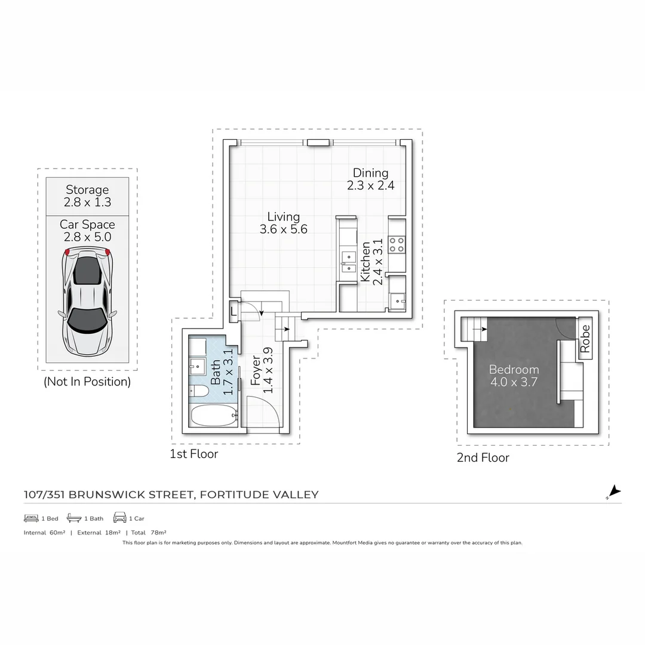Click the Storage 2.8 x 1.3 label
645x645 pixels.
87,196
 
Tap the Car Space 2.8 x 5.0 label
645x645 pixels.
87,231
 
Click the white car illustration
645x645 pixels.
87,302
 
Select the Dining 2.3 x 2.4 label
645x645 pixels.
370,179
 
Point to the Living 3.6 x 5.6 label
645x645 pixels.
284,223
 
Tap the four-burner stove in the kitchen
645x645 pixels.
397,245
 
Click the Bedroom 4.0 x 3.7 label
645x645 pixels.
514,376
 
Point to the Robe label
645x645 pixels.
585,339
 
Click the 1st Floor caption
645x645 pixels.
194,454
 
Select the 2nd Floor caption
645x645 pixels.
483,458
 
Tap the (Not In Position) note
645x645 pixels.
87,382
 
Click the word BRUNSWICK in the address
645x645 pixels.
131,494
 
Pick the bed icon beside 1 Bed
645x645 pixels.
31,518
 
